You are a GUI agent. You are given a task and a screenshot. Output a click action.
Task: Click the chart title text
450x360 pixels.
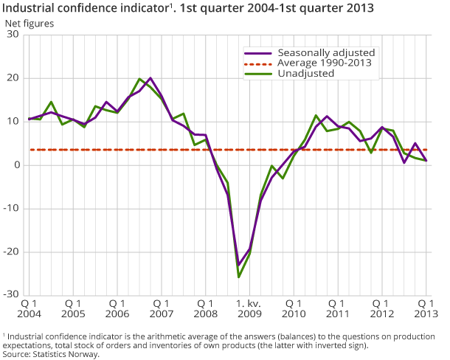click(x=188, y=9)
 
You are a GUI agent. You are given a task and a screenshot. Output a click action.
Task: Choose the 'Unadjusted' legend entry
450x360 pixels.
click(x=305, y=73)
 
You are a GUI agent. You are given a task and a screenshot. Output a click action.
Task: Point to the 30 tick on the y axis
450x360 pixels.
click(x=13, y=35)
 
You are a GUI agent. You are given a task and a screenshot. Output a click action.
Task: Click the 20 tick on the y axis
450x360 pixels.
click(x=13, y=78)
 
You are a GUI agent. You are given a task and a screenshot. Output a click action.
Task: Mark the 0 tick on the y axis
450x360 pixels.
click(x=16, y=165)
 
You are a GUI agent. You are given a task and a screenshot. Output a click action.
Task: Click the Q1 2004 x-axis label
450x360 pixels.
click(x=29, y=308)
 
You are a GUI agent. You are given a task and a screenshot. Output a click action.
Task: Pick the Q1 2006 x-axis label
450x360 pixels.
click(x=117, y=308)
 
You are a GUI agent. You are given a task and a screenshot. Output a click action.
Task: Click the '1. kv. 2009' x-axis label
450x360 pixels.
click(x=249, y=308)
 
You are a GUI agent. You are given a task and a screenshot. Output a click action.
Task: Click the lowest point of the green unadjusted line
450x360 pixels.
click(x=239, y=277)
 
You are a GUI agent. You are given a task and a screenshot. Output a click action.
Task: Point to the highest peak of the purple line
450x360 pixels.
click(x=150, y=77)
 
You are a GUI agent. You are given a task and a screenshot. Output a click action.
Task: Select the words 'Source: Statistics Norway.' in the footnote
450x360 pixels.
click(x=51, y=354)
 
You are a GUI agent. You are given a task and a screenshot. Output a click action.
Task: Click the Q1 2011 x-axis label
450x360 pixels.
click(x=338, y=308)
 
